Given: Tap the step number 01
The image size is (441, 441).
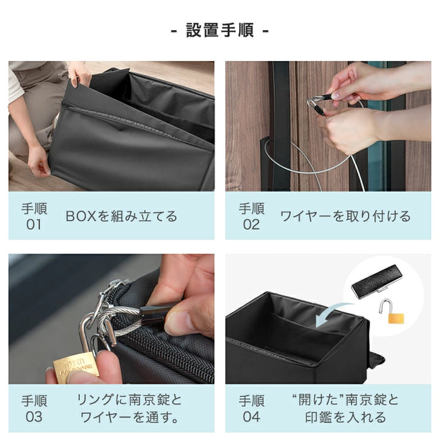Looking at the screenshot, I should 33,224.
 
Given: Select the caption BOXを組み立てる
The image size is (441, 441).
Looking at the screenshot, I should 122,217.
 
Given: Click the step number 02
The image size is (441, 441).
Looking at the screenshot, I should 251,224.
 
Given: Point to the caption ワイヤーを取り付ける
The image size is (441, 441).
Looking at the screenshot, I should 345,217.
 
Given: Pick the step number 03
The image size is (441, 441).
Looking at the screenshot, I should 33,416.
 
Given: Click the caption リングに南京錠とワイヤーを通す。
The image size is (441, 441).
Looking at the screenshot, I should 129,408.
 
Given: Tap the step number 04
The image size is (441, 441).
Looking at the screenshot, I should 251,416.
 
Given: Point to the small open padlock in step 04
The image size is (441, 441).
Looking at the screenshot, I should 394,312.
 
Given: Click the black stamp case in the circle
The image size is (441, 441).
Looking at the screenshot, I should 377,281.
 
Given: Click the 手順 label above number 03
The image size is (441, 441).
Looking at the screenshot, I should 33,400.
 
